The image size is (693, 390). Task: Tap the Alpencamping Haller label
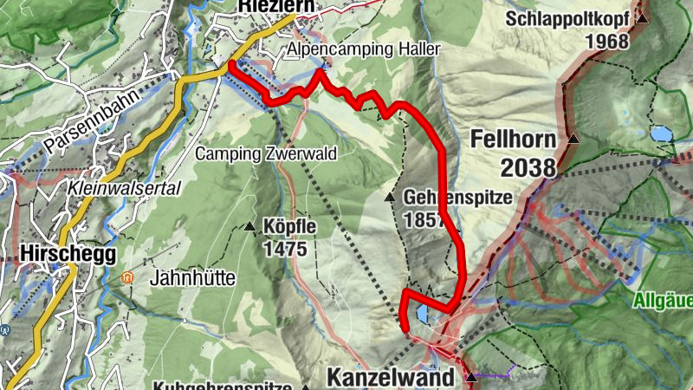pos(364,49)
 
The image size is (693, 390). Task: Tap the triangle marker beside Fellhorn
pos(573,139)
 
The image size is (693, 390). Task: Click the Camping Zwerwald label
pos(265,153)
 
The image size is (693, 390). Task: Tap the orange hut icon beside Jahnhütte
pos(128,278)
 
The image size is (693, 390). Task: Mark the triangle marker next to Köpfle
pos(250,228)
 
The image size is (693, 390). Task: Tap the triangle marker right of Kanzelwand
pos(471,378)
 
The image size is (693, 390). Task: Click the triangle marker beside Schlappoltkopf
pos(642,18)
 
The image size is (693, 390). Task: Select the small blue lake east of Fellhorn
pos(662,134)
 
